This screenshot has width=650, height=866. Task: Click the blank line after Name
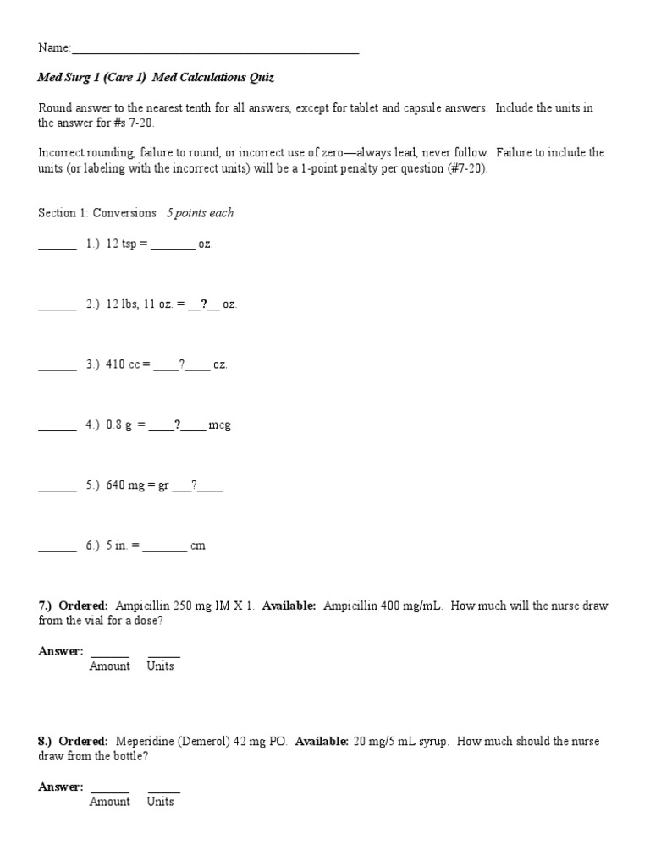point(216,52)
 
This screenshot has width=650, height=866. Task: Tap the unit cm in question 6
point(198,545)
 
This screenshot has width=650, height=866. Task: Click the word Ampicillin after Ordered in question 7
point(142,606)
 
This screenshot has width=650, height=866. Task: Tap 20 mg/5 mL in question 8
point(382,741)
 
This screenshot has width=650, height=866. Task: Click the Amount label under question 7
point(110,666)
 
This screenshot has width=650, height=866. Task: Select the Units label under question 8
point(160,802)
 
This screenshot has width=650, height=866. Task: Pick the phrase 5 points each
point(200,213)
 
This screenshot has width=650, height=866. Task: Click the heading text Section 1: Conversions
point(97,213)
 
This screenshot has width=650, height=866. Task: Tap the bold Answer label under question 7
point(60,651)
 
